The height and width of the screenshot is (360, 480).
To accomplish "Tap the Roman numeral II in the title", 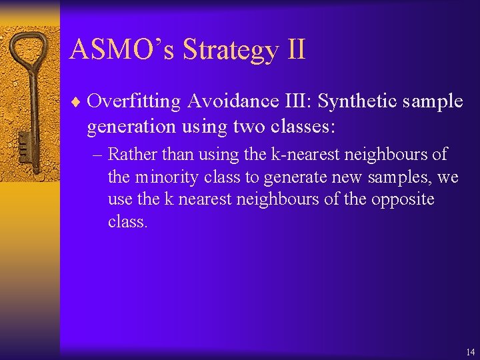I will coord(293,50).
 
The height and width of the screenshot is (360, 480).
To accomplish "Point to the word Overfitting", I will coord(134,101).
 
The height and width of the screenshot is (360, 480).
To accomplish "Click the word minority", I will coord(164,177).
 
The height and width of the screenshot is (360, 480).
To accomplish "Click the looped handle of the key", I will coord(30,55).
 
